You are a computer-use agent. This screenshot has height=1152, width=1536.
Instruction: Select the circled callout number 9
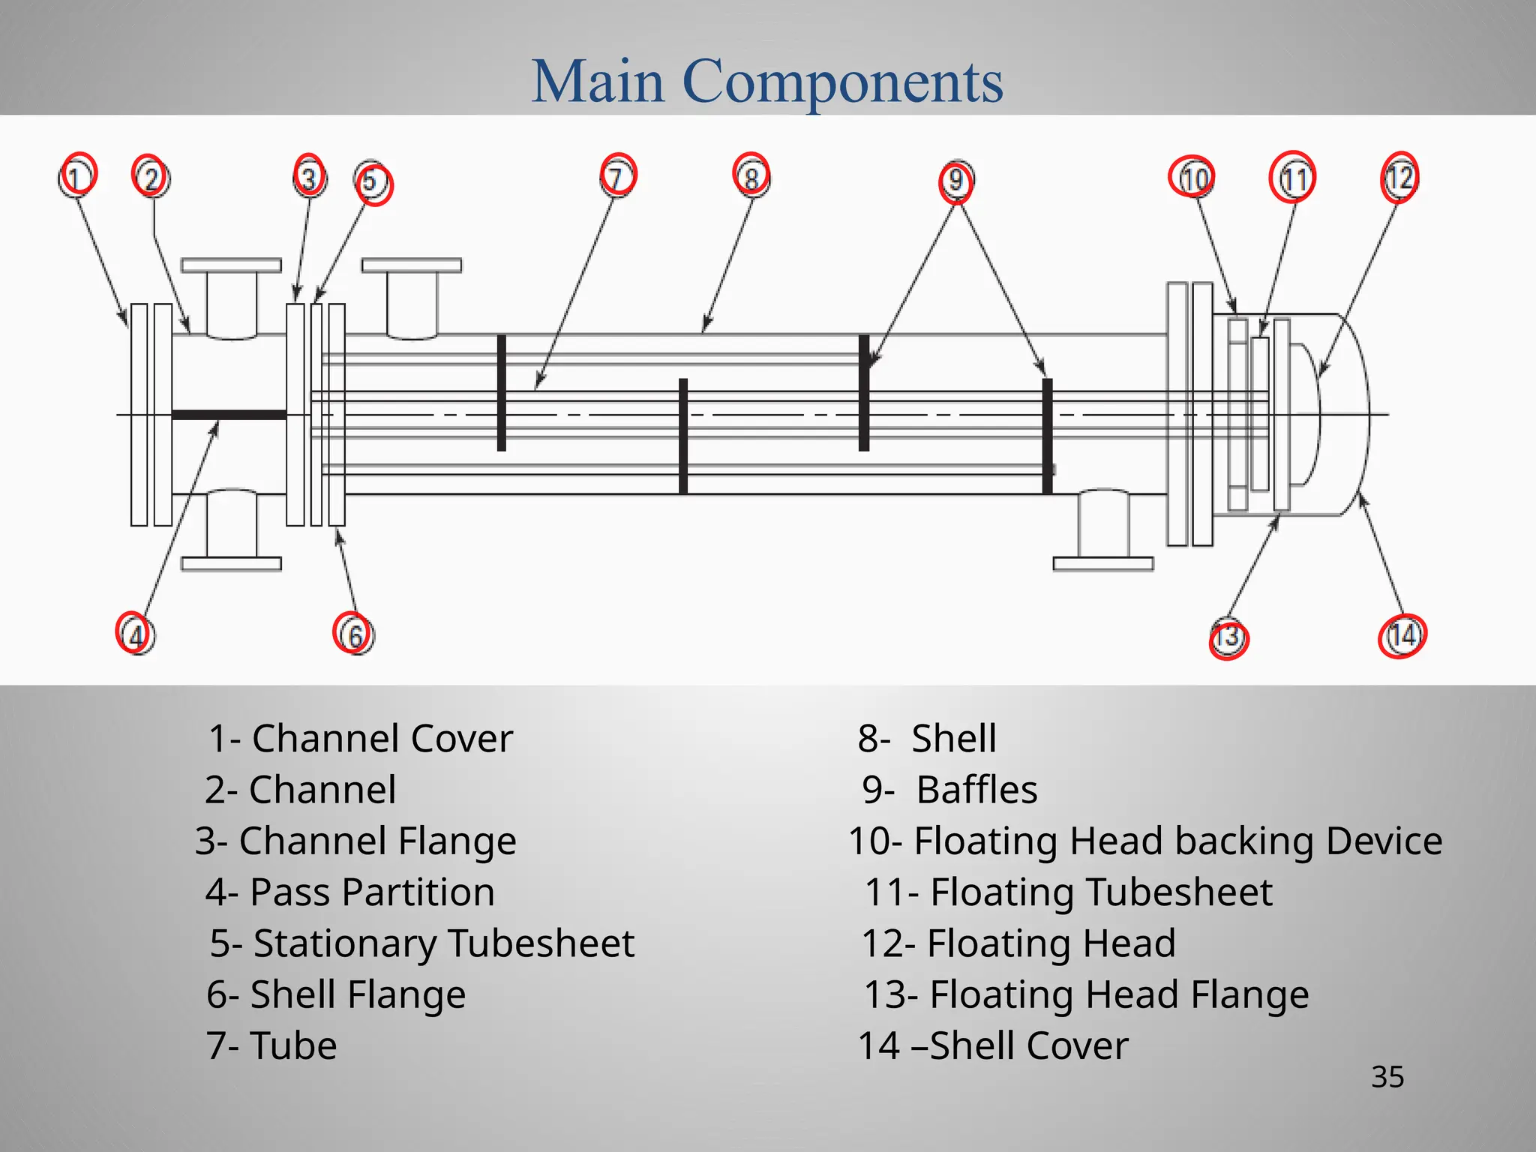pos(955,181)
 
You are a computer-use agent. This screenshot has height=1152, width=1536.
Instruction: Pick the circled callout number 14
pos(1402,636)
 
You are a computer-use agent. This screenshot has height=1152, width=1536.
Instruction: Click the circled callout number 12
pos(1399,178)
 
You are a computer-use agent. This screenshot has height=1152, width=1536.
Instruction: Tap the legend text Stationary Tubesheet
pos(444,943)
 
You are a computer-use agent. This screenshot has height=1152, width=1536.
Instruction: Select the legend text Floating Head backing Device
pos(1178,841)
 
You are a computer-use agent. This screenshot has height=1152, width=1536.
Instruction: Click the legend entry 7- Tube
pos(271,1045)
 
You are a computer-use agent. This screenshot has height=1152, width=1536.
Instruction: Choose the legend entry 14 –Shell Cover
pos(993,1045)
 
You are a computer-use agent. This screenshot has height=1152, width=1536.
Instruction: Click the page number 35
pos(1387,1077)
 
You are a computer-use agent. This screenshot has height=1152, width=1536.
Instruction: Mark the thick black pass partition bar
pos(229,415)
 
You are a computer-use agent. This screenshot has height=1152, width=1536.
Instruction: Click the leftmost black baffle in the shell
pos(502,392)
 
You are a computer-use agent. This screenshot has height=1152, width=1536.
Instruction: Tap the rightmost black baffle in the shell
pos(1048,435)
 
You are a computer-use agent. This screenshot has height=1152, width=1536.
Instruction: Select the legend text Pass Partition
pos(372,892)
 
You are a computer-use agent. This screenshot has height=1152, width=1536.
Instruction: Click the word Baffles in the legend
pos(977,790)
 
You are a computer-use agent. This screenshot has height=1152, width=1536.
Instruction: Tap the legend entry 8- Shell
pos(927,739)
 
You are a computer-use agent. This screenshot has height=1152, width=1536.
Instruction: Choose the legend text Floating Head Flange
pos(1119,994)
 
